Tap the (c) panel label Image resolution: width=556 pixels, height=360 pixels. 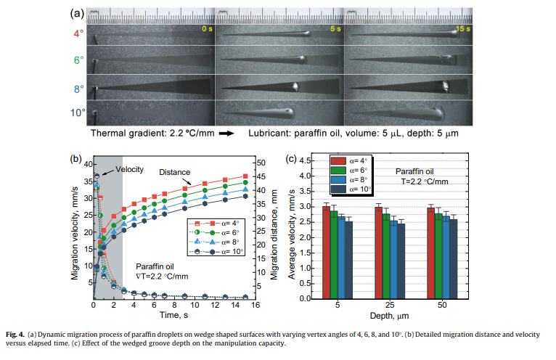[x=293, y=158]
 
